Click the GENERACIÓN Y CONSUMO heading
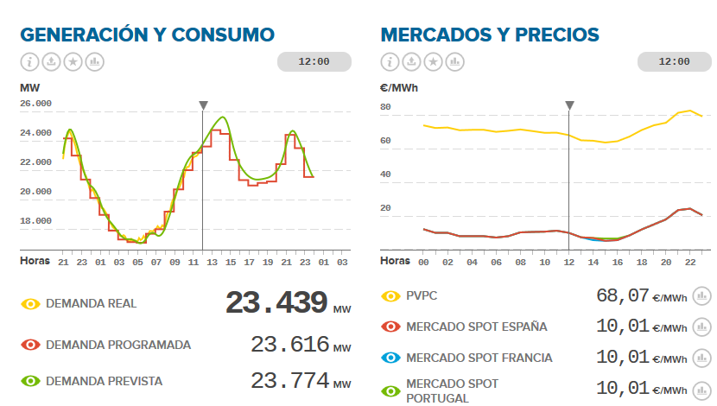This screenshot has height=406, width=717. coord(147,35)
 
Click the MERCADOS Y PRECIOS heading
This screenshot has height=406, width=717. coord(489,35)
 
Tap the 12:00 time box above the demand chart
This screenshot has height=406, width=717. coord(314,62)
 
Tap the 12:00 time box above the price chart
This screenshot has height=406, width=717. coord(674,62)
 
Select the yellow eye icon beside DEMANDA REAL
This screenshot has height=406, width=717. coord(31,304)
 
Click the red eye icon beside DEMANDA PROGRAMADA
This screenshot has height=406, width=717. coord(31,345)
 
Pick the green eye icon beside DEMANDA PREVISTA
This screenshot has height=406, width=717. coord(31,381)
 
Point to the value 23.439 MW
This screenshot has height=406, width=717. coord(276,303)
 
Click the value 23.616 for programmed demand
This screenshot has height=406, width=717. coord(290,345)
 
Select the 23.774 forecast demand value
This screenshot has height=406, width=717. coord(290,381)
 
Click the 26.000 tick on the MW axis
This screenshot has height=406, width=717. coord(35,104)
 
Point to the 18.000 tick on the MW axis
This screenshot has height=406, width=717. coord(35,221)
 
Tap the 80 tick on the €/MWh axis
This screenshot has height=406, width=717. coord(386,107)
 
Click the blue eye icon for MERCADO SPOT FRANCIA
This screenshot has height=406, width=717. coord(391,358)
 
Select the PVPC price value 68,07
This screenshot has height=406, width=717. coord(622,296)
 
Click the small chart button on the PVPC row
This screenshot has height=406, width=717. coord(702,296)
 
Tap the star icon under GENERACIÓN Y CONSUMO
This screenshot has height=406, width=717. coord(73,62)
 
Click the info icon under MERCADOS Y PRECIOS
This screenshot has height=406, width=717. coord(390,62)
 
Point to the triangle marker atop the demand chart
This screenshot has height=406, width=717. coord(203,105)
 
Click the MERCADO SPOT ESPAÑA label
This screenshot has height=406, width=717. coord(477,327)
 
